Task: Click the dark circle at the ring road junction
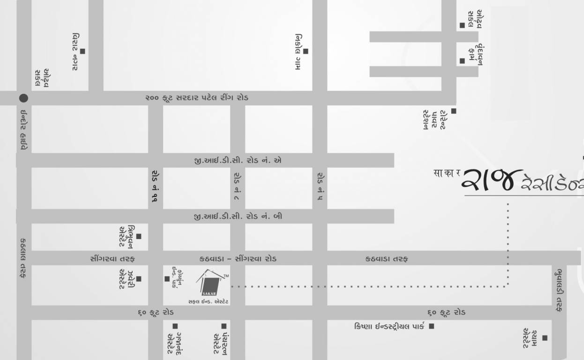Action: (23, 98)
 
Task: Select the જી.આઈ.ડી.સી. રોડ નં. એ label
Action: (238, 160)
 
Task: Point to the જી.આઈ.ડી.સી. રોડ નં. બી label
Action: (238, 217)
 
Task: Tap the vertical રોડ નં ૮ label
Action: (238, 186)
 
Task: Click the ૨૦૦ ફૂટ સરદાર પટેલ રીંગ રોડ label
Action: (197, 98)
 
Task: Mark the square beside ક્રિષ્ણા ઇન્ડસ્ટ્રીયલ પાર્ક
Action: (431, 326)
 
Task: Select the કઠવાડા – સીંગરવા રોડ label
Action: (238, 259)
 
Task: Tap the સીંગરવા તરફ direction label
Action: (112, 259)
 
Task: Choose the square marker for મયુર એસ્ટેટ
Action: (545, 337)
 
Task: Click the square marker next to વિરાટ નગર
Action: (82, 51)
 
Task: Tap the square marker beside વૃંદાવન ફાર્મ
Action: (462, 60)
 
